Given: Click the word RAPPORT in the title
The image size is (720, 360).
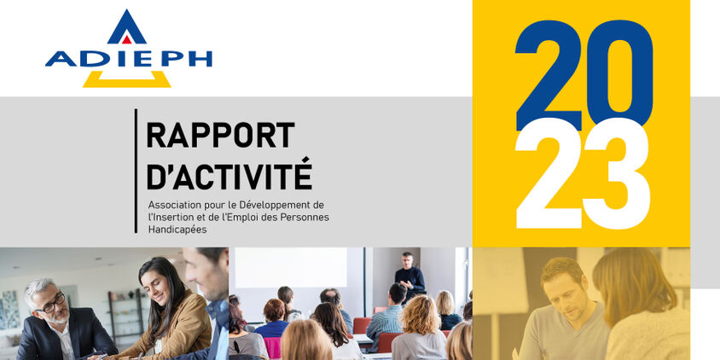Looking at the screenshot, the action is tap(220, 135).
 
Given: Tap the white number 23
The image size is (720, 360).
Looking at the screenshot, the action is tap(583, 173).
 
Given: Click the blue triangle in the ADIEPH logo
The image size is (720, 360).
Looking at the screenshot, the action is tap(127, 28).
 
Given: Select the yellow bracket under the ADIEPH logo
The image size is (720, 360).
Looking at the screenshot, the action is tap(127, 80).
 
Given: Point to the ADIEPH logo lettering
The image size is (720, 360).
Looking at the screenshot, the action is tap(129, 59).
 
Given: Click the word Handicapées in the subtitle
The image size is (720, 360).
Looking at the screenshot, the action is tap(177, 229).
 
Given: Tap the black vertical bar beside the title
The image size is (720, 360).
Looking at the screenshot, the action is tap(136, 171).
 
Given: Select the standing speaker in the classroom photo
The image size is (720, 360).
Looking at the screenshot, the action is tap(409, 276).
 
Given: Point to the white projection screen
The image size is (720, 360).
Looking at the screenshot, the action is tap(291, 267).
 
